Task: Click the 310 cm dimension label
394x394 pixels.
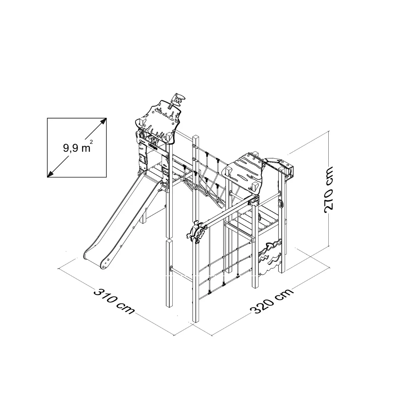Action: point(114,301)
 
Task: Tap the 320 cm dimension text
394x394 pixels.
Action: point(272,301)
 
